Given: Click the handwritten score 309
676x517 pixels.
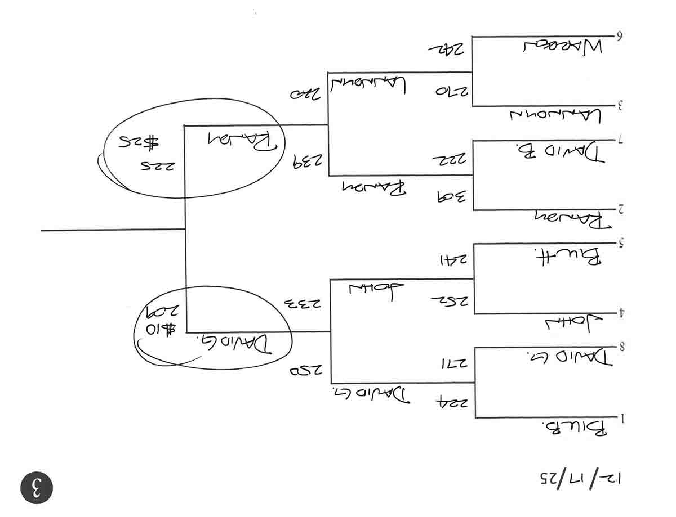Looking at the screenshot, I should [450, 197].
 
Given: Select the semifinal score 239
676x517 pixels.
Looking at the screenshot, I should [308, 163].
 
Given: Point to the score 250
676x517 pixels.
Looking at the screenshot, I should [306, 371].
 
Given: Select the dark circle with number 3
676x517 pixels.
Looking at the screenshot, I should [37, 488].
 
